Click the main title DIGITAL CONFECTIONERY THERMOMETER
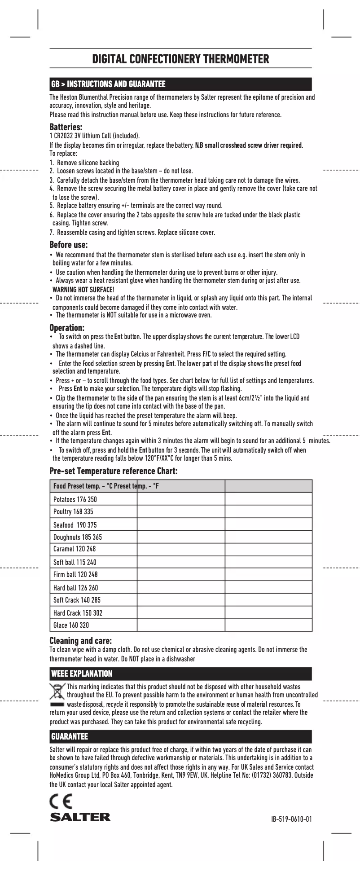(180, 59)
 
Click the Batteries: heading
(66, 127)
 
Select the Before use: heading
(68, 245)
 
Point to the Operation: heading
(67, 328)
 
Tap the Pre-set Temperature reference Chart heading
(114, 471)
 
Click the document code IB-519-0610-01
(291, 819)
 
